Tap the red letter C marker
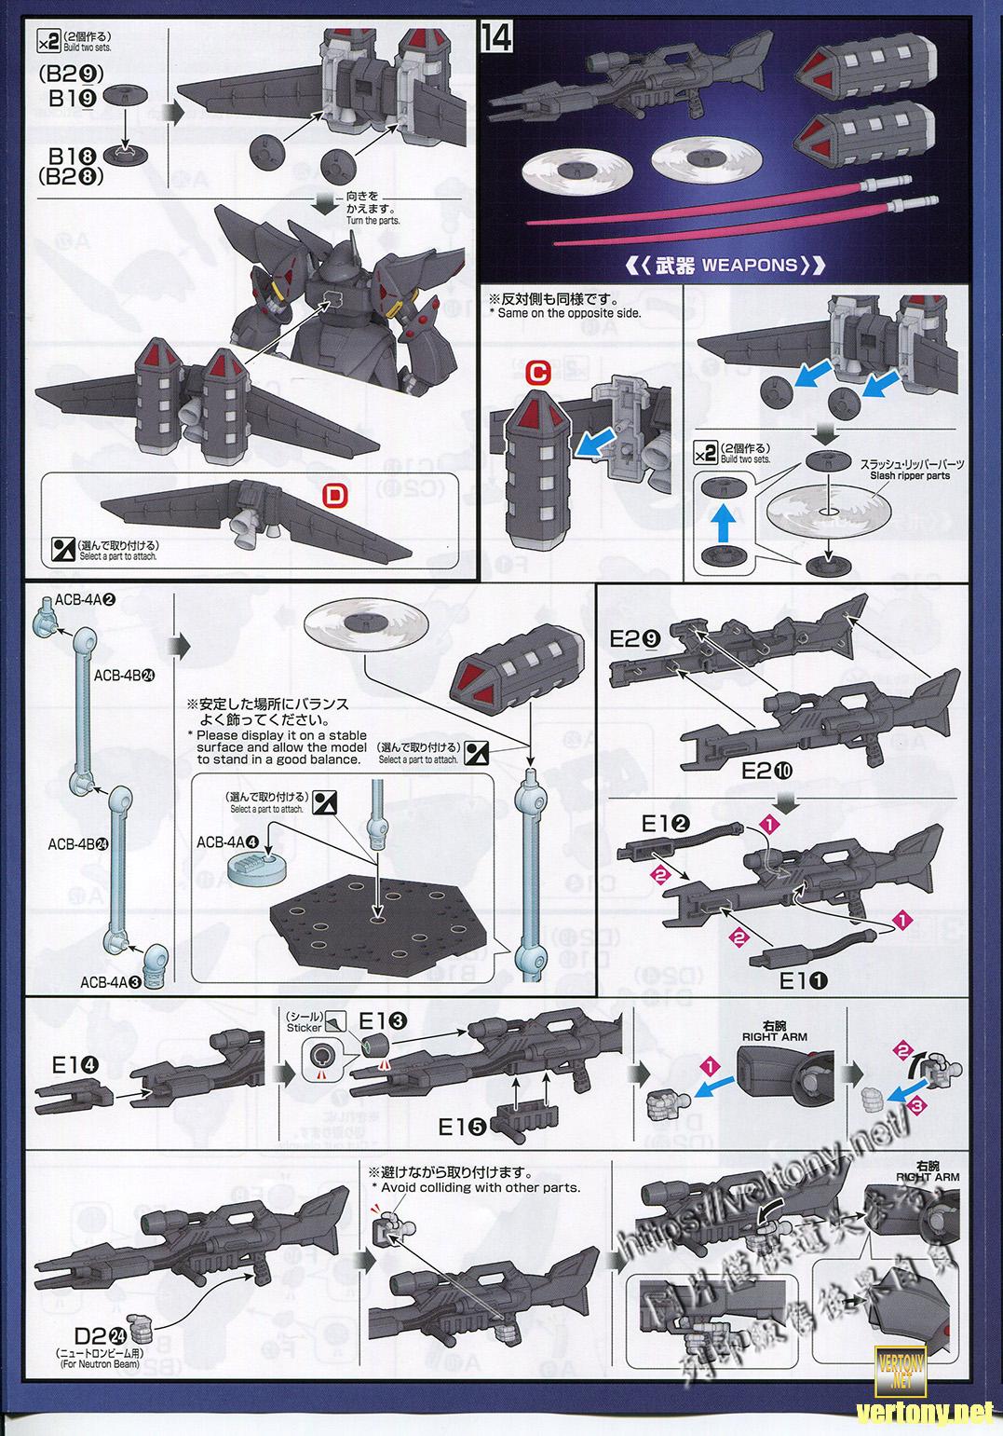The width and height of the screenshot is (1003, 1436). click(x=537, y=372)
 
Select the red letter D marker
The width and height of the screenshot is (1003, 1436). click(x=333, y=494)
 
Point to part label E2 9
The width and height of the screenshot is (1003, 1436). click(x=636, y=639)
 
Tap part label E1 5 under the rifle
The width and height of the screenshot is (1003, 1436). click(x=463, y=1127)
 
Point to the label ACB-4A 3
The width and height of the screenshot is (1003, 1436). click(x=110, y=981)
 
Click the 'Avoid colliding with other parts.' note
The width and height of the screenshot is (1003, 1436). click(x=481, y=1187)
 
